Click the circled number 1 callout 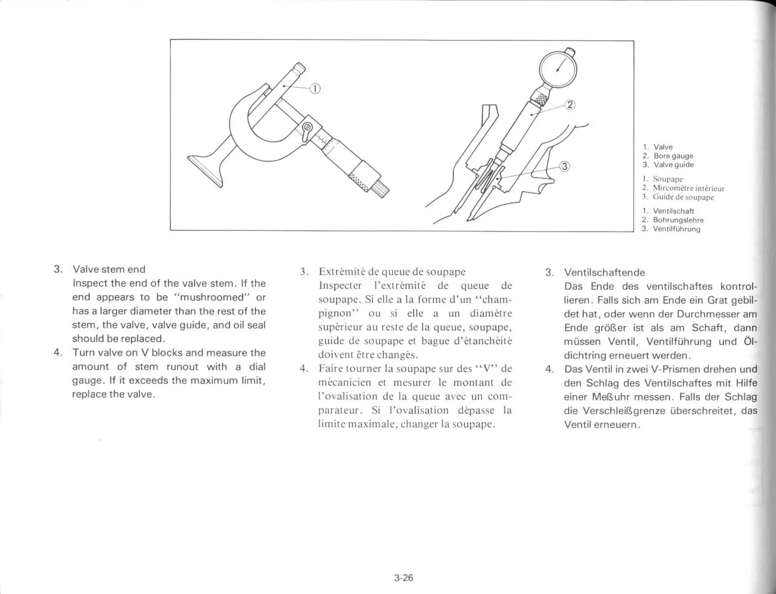click(x=315, y=89)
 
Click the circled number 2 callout click(x=570, y=105)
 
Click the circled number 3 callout click(x=565, y=167)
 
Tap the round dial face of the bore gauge click(x=558, y=70)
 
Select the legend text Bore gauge click(x=673, y=156)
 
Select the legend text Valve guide click(x=673, y=165)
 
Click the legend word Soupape click(x=668, y=179)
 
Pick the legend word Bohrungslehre click(x=678, y=220)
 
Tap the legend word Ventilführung click(x=676, y=229)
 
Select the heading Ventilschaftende click(x=604, y=273)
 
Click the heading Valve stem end click(x=109, y=270)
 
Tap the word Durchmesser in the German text click(x=705, y=314)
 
